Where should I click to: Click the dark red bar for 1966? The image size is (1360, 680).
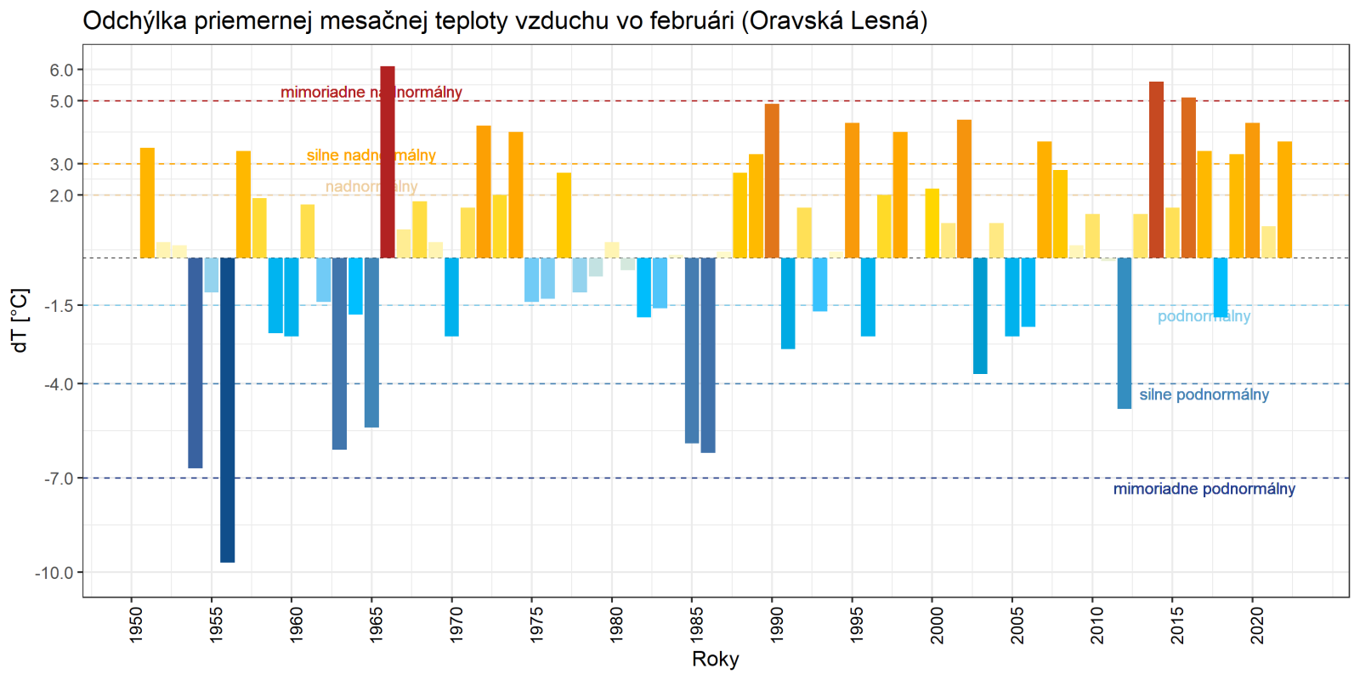(388, 161)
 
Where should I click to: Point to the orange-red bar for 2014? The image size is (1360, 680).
(1156, 170)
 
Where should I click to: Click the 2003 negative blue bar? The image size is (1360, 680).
(980, 315)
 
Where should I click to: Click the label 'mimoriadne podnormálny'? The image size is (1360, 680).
(1204, 489)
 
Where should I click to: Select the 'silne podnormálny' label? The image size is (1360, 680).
(1204, 394)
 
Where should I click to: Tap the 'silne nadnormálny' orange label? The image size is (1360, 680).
(371, 156)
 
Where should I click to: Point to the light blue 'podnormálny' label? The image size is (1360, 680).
(1204, 316)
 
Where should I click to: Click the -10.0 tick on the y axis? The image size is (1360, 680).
(54, 573)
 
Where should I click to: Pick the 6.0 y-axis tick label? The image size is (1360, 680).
(61, 71)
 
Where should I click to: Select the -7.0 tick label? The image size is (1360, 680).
(58, 479)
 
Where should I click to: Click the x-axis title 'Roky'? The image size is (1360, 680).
(716, 659)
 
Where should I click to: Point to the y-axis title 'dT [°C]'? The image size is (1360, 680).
(20, 320)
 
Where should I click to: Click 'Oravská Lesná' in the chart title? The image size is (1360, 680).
(834, 20)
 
